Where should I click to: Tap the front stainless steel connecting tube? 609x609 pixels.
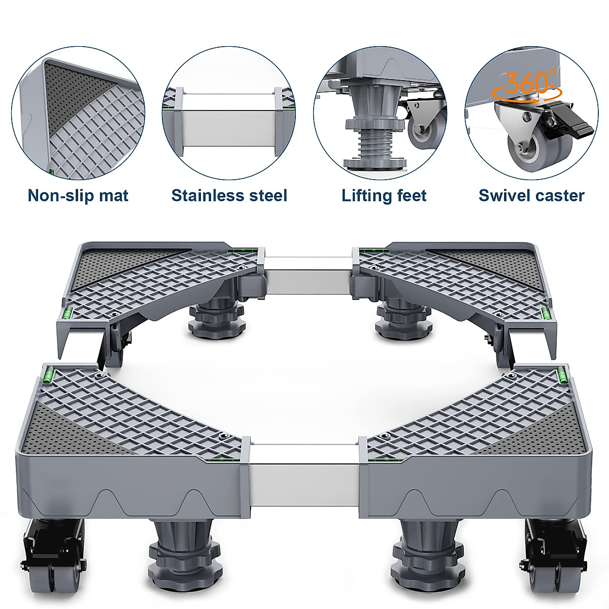click(x=303, y=477)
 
